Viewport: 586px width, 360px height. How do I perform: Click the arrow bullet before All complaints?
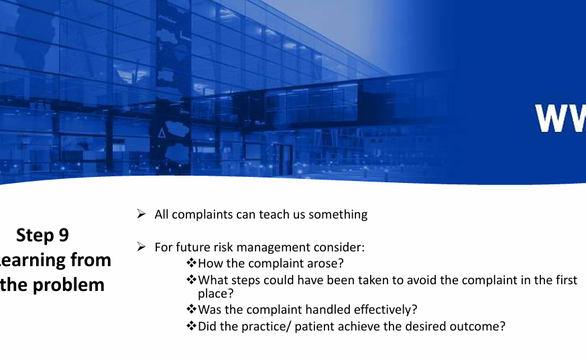pos(141,215)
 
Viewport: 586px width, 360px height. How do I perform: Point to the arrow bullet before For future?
pos(141,247)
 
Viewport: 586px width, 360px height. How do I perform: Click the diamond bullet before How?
pos(192,264)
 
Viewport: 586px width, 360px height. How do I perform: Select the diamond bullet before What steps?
pos(192,280)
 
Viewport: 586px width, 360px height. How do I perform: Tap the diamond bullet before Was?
pos(192,310)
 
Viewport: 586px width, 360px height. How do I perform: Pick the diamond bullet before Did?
pos(192,326)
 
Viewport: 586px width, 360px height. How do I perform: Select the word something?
pos(338,215)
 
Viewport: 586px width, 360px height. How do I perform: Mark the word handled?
pos(328,310)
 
